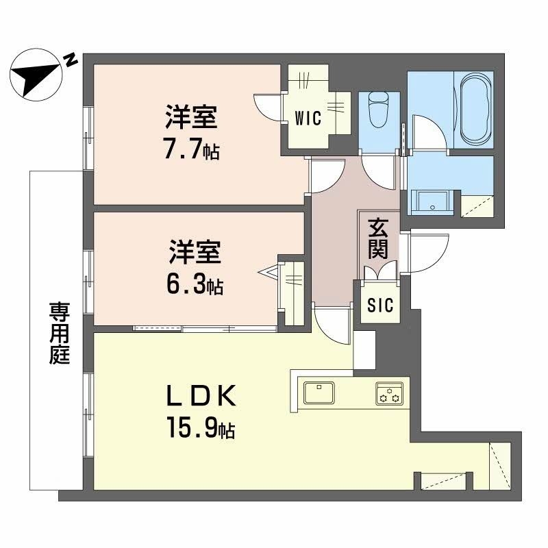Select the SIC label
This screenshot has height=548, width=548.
(380, 305)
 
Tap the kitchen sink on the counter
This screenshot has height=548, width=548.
(319, 394)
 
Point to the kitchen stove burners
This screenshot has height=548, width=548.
(389, 394)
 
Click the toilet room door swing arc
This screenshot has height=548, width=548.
(379, 171)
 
